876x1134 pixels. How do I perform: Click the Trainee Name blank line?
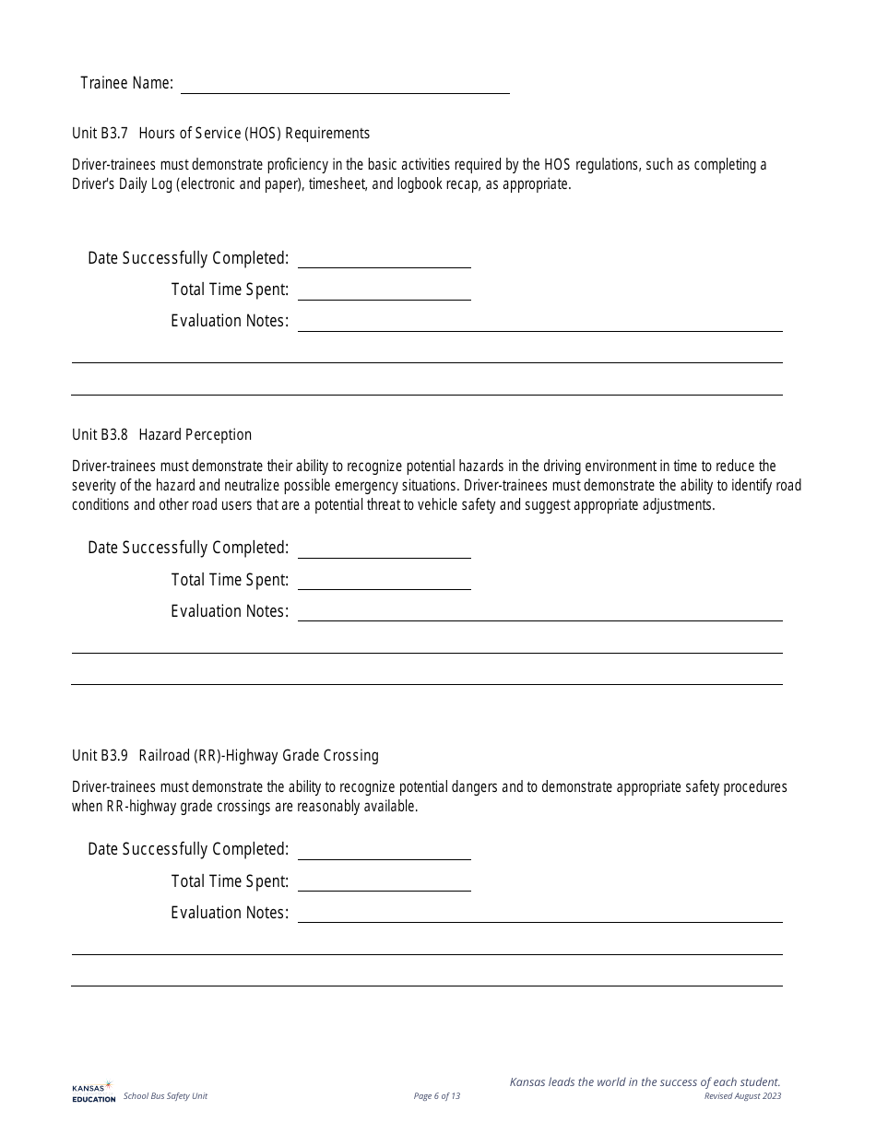(345, 84)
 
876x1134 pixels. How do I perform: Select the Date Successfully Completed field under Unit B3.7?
(384, 258)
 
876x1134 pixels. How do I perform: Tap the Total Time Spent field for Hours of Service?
(384, 290)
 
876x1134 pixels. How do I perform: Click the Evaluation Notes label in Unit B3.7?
(230, 321)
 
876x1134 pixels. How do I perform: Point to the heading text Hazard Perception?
(195, 434)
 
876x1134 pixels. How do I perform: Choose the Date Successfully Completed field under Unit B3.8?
(384, 548)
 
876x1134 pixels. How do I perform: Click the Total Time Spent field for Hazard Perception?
(384, 580)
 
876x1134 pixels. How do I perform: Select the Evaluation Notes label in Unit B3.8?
(230, 611)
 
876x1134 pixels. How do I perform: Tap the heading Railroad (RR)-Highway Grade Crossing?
(258, 755)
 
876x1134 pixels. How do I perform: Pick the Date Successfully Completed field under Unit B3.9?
(384, 849)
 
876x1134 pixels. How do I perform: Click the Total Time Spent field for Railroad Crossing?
(384, 881)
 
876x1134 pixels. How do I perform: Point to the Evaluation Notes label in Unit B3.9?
(230, 913)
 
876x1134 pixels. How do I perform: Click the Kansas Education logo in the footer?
(93, 1092)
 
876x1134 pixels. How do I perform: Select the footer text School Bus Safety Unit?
(165, 1096)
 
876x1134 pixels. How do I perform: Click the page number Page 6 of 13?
(437, 1096)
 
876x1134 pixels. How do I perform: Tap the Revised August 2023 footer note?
(742, 1096)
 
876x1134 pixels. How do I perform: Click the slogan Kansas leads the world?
(645, 1081)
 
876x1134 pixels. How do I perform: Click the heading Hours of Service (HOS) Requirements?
(254, 133)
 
